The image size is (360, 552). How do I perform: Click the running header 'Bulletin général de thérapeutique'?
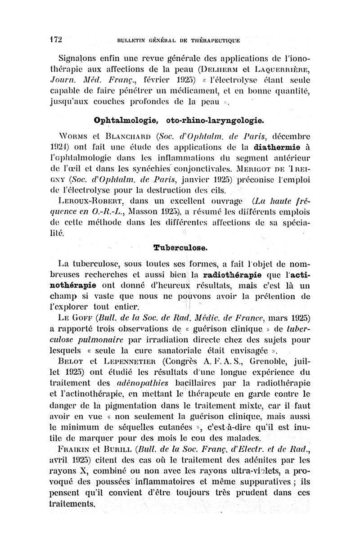[179, 40]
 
